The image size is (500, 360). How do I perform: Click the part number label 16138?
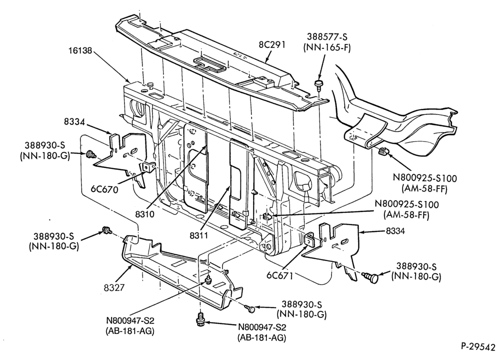[80, 50]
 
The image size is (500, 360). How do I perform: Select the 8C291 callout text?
[272, 44]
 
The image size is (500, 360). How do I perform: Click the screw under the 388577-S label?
[318, 84]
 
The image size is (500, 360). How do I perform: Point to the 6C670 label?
[104, 189]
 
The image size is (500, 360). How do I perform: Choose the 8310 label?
[144, 214]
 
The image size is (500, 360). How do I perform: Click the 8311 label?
[198, 235]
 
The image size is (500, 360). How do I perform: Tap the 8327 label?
[114, 287]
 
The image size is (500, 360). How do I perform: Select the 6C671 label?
[279, 275]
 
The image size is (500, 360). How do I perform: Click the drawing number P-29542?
[478, 346]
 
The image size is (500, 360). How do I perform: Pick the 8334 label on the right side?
[395, 230]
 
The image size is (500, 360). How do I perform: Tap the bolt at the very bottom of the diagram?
[200, 320]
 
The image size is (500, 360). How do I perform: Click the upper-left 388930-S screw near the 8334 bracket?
[91, 155]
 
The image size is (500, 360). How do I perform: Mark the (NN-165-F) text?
[327, 47]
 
